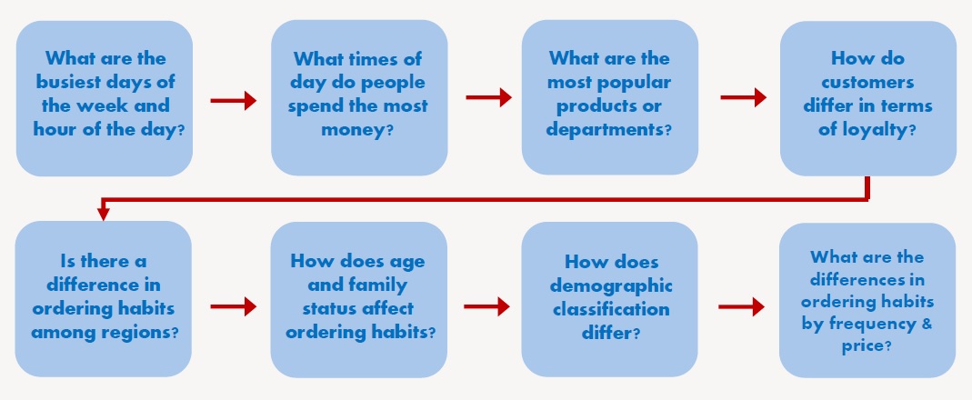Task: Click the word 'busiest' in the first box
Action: point(65,83)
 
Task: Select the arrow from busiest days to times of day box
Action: point(233,101)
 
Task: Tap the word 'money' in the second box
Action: point(354,130)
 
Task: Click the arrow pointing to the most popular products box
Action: point(488,97)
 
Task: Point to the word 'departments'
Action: point(604,130)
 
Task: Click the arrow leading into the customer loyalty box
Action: point(743,97)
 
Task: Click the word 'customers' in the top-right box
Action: point(867,83)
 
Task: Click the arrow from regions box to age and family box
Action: point(233,306)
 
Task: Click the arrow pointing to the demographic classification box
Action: point(486,306)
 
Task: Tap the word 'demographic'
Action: point(611,285)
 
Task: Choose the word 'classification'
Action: point(611,309)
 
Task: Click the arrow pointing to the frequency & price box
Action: point(741,306)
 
